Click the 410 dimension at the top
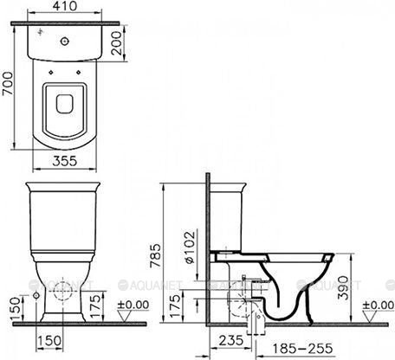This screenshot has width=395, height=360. pyautogui.click(x=65, y=6)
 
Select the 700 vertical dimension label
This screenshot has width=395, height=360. pyautogui.click(x=7, y=84)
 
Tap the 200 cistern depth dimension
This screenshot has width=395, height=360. pyautogui.click(x=117, y=43)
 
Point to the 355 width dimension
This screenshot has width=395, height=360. pyautogui.click(x=65, y=161)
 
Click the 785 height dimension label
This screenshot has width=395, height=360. pyautogui.click(x=155, y=256)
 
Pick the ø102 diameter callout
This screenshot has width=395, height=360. pyautogui.click(x=190, y=247)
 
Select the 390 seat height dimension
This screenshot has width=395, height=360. pyautogui.click(x=344, y=288)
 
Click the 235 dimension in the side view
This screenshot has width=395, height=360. pyautogui.click(x=231, y=341)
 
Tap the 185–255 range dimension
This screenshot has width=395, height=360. pyautogui.click(x=302, y=349)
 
